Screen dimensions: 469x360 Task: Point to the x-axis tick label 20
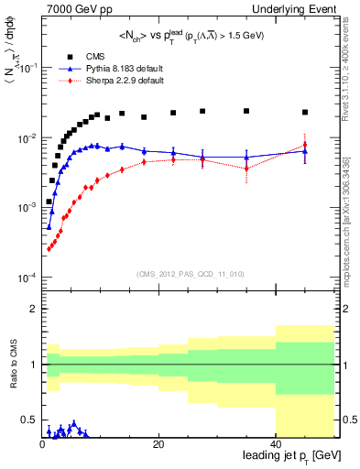(158, 444)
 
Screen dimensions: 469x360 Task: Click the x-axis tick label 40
(276, 444)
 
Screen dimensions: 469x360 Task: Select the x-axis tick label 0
(42, 444)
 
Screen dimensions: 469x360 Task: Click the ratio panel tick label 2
(33, 310)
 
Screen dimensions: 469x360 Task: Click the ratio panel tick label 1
(33, 365)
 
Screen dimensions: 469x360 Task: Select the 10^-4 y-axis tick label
(26, 278)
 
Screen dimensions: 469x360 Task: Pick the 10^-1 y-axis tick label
(26, 69)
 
